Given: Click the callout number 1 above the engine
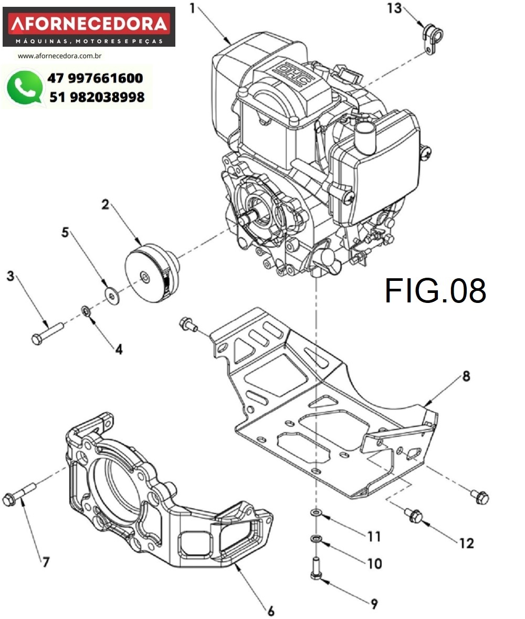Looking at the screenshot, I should (193, 8).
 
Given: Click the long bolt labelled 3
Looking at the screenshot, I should (47, 333).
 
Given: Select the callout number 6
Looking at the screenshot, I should (271, 611).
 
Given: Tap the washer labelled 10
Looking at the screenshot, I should (316, 539).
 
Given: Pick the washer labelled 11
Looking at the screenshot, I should (316, 512).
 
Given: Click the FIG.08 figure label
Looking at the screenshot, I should (435, 291).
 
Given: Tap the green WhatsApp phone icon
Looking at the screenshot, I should (24, 87).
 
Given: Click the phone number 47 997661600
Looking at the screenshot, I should (95, 78).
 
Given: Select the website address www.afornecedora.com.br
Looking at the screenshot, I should (60, 56).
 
